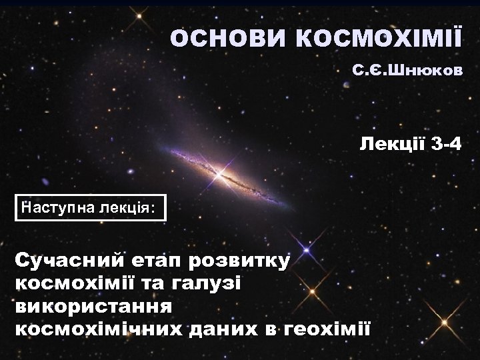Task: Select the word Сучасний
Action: [61, 261]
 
